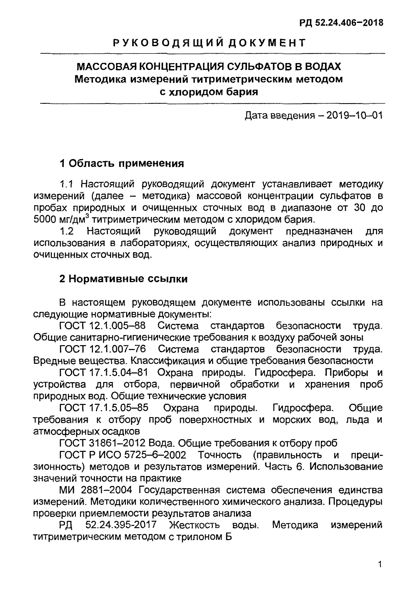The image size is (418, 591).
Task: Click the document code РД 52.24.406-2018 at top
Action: point(341,23)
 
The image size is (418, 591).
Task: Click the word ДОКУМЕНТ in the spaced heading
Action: point(267,43)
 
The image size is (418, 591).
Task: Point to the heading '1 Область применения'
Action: point(122,163)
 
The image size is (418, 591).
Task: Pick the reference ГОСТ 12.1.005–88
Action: point(102,326)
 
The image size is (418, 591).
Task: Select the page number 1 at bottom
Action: point(380,565)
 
